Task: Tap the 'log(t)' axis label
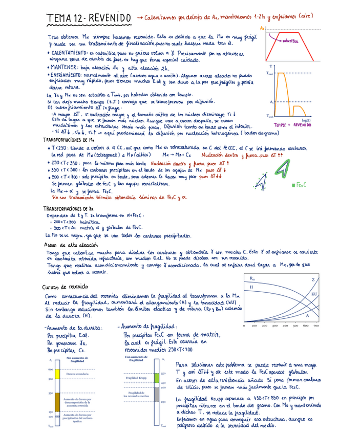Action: click(306, 120)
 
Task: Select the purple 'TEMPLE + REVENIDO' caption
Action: click(292, 125)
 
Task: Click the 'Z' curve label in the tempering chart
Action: click(313, 280)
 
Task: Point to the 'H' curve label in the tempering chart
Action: click(251, 288)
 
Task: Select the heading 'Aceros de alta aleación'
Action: click(71, 245)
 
